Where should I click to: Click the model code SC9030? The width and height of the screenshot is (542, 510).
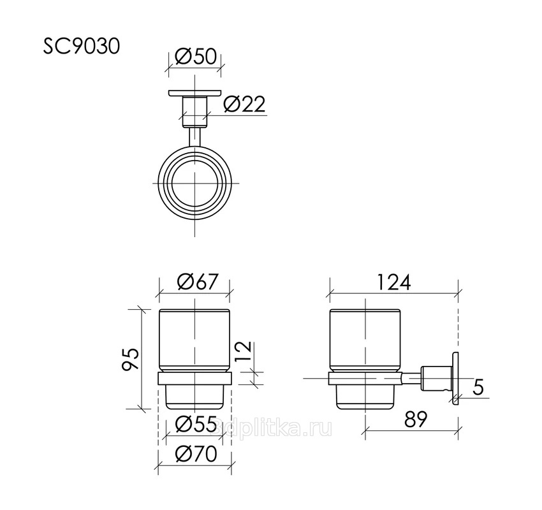point(82,47)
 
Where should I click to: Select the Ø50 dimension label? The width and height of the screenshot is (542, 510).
point(196,56)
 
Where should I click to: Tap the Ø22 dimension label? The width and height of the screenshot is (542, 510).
point(244,104)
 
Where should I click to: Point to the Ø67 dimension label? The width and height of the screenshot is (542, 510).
point(198,282)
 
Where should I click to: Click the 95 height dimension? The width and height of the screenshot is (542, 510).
point(131,360)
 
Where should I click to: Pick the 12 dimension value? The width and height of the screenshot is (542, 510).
point(244,352)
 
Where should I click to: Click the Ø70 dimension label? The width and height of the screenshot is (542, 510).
point(196,454)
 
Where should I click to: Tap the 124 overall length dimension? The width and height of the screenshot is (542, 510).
point(393,282)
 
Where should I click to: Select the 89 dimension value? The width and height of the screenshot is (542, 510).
point(416,419)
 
